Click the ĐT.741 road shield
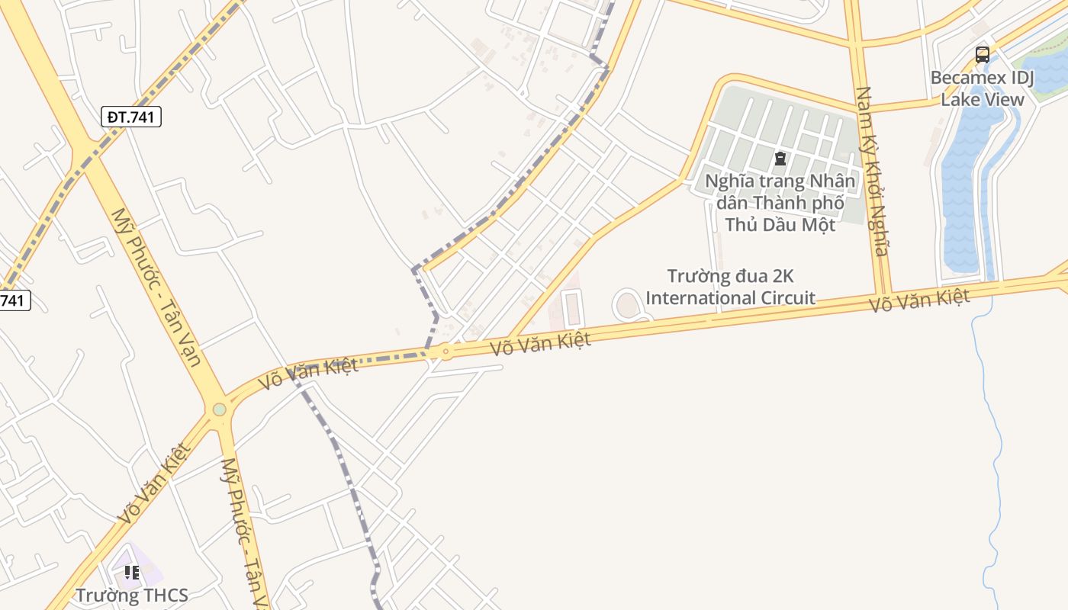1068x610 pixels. pos(131,117)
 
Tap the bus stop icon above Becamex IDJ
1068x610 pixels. pos(982,55)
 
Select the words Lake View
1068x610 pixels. pos(982,99)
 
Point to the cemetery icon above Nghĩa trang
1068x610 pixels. pos(780,159)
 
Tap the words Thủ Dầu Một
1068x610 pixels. pos(780,224)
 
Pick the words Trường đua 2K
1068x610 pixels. pos(731,275)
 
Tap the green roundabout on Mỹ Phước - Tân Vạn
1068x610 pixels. pos(220,409)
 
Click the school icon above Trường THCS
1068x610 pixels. pos(131,572)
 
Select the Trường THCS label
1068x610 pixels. pos(131,595)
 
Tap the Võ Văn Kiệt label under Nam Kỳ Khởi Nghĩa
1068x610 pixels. pos(919,300)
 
